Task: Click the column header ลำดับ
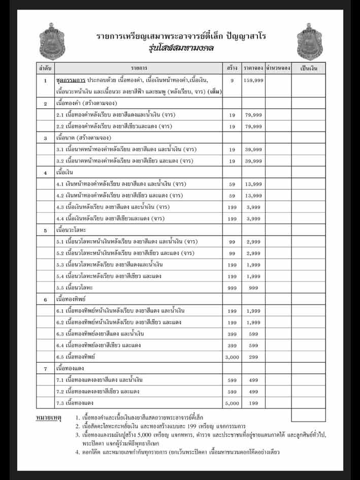coord(45,68)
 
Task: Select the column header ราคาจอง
coord(252,68)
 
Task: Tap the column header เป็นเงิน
coord(308,68)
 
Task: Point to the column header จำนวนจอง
coord(278,68)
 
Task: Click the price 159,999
coord(253,80)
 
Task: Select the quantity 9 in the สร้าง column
coord(232,80)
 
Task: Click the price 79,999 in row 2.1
coord(253,115)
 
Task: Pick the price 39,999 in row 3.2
coord(253,161)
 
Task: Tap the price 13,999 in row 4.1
coord(253,184)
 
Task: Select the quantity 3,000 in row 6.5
coord(232,357)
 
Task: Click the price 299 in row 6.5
coord(253,357)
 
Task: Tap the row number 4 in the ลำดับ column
coord(45,172)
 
